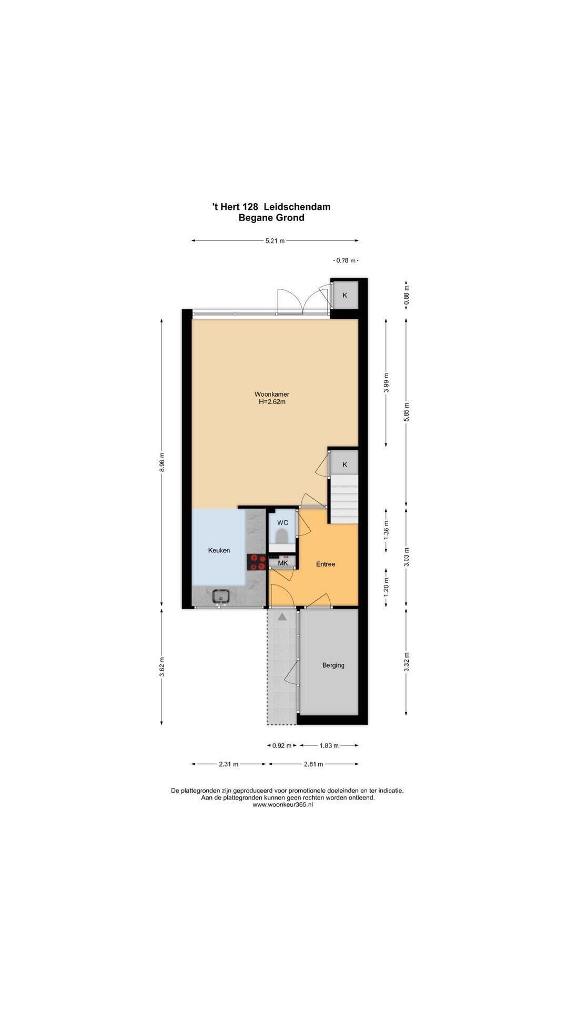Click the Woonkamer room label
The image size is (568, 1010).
(272, 394)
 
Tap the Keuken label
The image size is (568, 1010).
(219, 550)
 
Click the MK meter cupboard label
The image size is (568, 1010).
(283, 563)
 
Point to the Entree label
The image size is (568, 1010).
(326, 564)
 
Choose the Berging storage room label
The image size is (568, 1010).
(333, 665)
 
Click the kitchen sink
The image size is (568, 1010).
(220, 597)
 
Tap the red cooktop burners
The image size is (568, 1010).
(258, 562)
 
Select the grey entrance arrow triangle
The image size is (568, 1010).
(282, 617)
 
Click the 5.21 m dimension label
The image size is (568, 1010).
(275, 241)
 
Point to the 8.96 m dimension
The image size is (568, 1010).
(163, 462)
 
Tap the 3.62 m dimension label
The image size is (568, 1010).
(163, 667)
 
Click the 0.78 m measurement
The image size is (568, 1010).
(346, 260)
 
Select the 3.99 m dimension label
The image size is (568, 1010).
(387, 383)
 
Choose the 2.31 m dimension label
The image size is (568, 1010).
(229, 764)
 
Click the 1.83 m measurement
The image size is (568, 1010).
(329, 745)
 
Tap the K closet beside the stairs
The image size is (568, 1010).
(345, 464)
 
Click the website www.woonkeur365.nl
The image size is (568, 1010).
(282, 804)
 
